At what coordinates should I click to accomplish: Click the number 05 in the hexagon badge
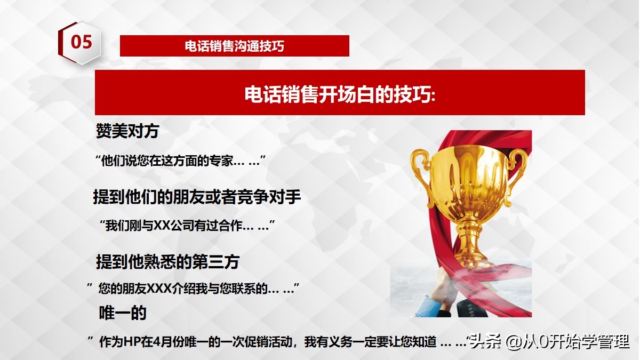tap(82, 42)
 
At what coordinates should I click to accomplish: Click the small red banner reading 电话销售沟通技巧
tap(234, 46)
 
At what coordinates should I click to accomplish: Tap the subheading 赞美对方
tap(127, 130)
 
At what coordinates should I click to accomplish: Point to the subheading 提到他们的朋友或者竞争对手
tap(197, 197)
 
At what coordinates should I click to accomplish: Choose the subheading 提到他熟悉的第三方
tap(167, 262)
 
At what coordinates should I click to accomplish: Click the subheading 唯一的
tap(123, 313)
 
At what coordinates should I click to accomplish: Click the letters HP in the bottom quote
tap(131, 342)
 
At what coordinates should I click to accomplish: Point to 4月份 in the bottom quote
tap(160, 342)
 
